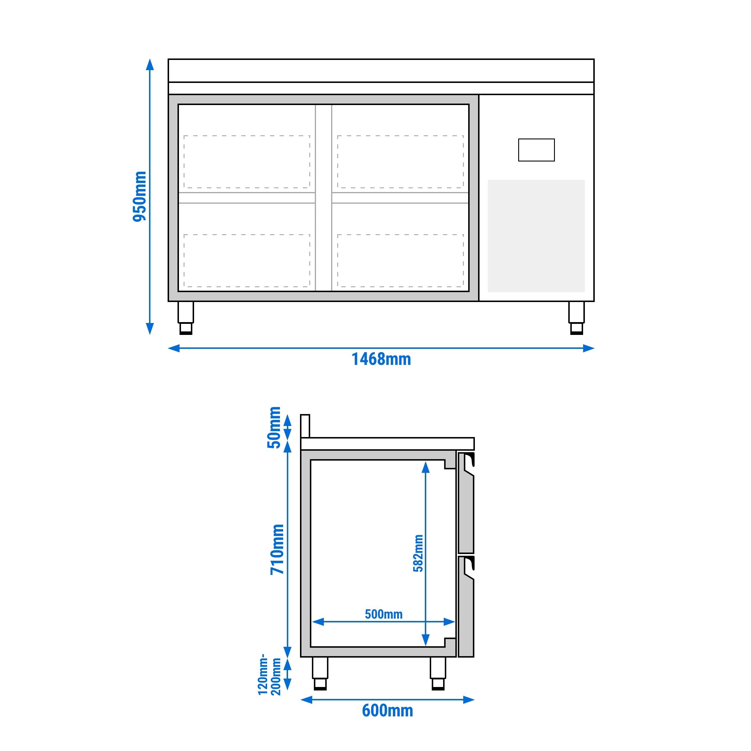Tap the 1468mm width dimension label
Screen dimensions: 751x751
(x=381, y=359)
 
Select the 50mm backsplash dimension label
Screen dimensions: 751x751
(x=274, y=427)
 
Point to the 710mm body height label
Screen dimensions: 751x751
(x=278, y=549)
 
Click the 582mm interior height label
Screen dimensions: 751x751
(x=418, y=553)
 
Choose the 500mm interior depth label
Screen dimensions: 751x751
(x=383, y=614)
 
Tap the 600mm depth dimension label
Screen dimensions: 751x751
(x=387, y=711)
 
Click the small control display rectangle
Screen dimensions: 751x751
(x=536, y=150)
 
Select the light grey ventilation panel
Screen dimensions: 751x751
(x=536, y=236)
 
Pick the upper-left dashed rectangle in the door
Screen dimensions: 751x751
(x=247, y=162)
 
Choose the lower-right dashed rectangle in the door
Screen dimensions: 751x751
(x=400, y=260)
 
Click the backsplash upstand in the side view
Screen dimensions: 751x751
(x=305, y=426)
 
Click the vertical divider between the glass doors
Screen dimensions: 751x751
(x=323, y=198)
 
